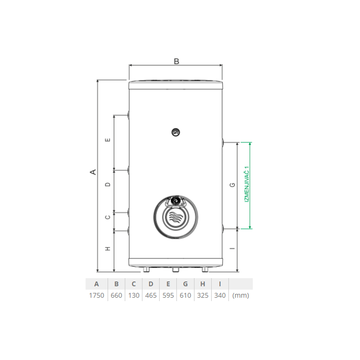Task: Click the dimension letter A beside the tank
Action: pyautogui.click(x=93, y=172)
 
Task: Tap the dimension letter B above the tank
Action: pyautogui.click(x=176, y=61)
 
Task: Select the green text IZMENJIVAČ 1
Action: pyautogui.click(x=247, y=184)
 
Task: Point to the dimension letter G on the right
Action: pyautogui.click(x=232, y=185)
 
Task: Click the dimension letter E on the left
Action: pyautogui.click(x=108, y=140)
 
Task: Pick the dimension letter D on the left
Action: pyautogui.click(x=108, y=184)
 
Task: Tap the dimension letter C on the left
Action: pyautogui.click(x=108, y=217)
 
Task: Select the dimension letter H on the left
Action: pyautogui.click(x=108, y=249)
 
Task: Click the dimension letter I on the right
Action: pyautogui.click(x=232, y=248)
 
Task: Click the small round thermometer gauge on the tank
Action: pyautogui.click(x=176, y=132)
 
